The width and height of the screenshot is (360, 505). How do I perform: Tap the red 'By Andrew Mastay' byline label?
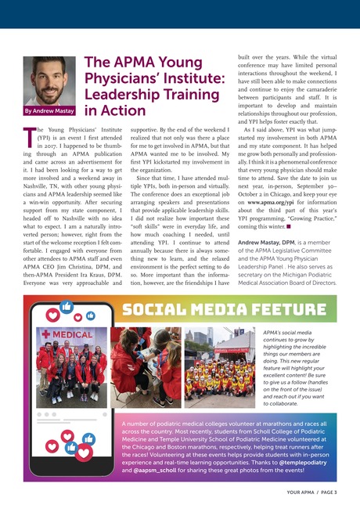[48, 112]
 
